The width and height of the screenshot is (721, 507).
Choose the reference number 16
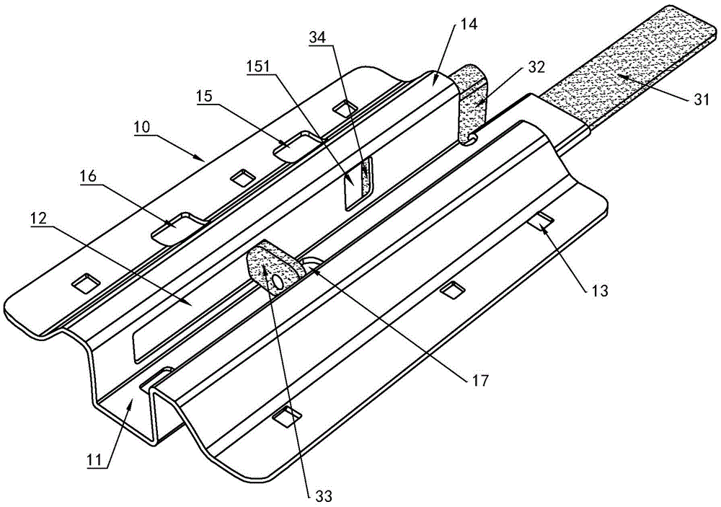[89, 177]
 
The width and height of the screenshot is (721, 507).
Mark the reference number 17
[478, 380]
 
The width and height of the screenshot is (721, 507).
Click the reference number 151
[257, 66]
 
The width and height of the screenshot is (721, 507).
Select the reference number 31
[702, 100]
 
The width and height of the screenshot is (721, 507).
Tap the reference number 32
[536, 66]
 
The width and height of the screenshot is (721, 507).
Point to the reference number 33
[323, 496]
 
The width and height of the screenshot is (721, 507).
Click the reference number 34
[317, 38]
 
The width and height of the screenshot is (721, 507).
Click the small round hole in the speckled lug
[278, 281]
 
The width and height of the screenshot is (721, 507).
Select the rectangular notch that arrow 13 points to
[541, 220]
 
